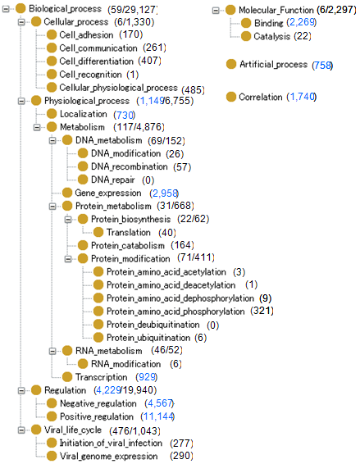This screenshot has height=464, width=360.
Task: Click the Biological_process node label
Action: pyautogui.click(x=65, y=9)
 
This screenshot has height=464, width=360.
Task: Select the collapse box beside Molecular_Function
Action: pyautogui.click(x=216, y=11)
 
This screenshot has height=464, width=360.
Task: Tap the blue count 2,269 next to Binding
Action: pyautogui.click(x=302, y=22)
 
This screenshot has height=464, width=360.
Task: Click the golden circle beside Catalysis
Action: pyautogui.click(x=246, y=36)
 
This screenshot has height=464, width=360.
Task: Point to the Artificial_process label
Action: pyautogui.click(x=274, y=64)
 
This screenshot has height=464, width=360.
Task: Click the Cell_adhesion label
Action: pyautogui.click(x=86, y=35)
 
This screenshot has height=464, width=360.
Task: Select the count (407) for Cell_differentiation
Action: pyautogui.click(x=149, y=61)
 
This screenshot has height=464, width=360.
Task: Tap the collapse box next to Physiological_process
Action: pyautogui.click(x=21, y=101)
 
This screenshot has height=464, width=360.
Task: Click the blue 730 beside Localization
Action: pyautogui.click(x=125, y=115)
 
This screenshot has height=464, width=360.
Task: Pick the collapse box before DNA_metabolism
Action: pyautogui.click(x=52, y=140)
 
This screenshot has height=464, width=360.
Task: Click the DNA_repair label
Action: pyautogui.click(x=113, y=180)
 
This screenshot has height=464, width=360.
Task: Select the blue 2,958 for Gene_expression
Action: pyautogui.click(x=164, y=193)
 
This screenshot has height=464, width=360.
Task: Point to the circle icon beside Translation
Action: pyautogui.click(x=98, y=232)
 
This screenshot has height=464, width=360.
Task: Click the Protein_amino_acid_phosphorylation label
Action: pyautogui.click(x=175, y=312)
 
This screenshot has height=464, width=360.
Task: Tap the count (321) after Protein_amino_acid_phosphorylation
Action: pyautogui.click(x=262, y=311)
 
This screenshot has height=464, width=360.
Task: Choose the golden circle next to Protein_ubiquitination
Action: pyautogui.click(x=98, y=338)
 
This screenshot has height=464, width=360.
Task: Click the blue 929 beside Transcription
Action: pyautogui.click(x=147, y=377)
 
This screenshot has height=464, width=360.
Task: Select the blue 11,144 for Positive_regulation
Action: pyautogui.click(x=157, y=416)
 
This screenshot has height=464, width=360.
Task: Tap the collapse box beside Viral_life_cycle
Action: pyautogui.click(x=21, y=430)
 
